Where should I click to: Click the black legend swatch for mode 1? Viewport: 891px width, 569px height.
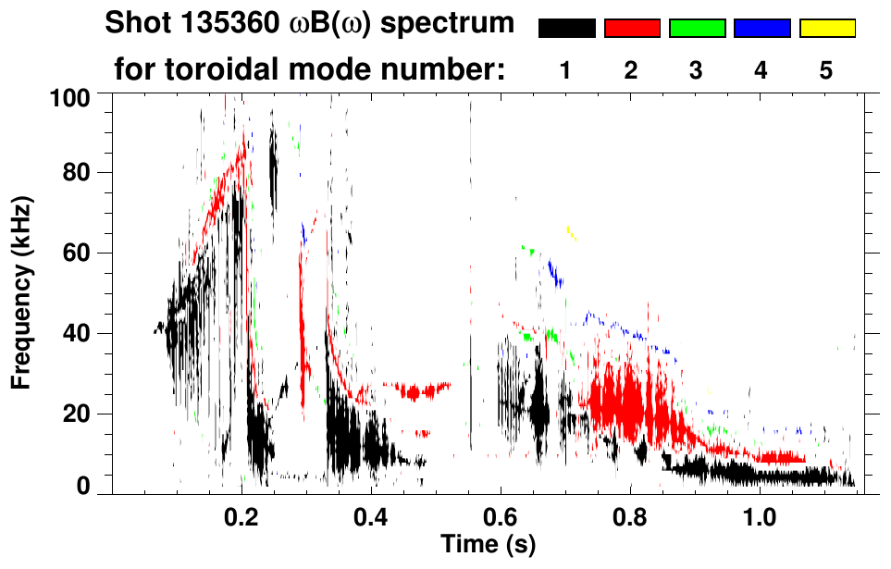(566, 29)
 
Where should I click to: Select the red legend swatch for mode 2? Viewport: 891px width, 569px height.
(632, 29)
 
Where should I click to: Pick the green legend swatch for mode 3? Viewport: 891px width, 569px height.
(697, 29)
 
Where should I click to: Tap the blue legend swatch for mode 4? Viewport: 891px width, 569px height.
(761, 29)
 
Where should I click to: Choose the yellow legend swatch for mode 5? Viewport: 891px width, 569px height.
(827, 29)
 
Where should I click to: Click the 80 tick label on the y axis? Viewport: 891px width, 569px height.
(77, 173)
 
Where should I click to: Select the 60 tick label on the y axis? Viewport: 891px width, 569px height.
(77, 253)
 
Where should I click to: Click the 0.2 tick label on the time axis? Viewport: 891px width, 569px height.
(241, 514)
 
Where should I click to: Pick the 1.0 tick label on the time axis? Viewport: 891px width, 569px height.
(760, 514)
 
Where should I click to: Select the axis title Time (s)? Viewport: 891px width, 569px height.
(487, 542)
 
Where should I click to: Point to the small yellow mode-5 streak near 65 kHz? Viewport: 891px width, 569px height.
(571, 232)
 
